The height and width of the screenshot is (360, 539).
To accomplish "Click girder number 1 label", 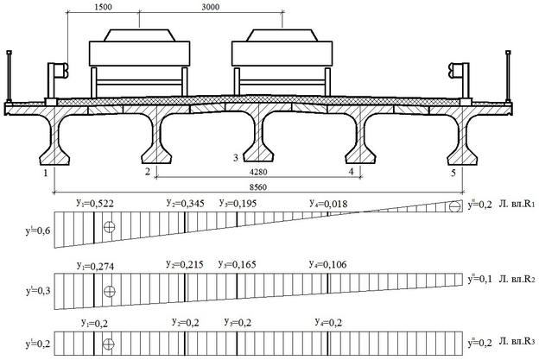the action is coord(42,173).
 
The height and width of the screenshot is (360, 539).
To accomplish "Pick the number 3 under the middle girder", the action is coord(235,157).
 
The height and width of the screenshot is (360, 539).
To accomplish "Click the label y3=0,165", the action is coord(239,265).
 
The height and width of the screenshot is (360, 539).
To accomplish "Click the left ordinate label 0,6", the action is coord(38,231).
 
